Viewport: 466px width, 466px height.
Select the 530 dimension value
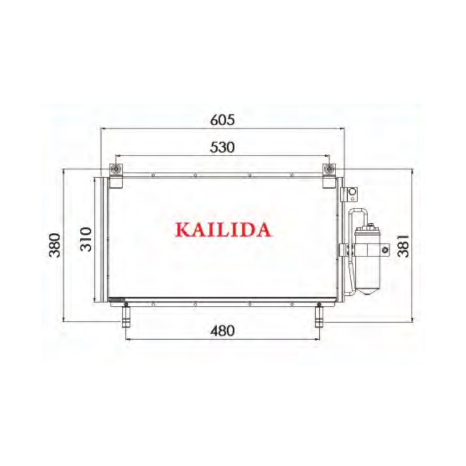[222, 147]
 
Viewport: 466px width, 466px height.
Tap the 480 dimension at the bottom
[222, 331]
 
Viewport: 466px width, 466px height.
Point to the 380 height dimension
[54, 245]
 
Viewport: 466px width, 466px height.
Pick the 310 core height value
[86, 239]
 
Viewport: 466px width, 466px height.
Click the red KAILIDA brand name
[223, 230]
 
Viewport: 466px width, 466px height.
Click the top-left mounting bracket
[116, 175]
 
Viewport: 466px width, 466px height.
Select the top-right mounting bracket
[329, 175]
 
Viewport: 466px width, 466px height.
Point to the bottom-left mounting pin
[125, 317]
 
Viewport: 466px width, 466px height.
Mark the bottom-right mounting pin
[320, 317]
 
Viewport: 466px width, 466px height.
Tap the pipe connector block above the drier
[351, 194]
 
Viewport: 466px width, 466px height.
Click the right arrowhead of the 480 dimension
[317, 338]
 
